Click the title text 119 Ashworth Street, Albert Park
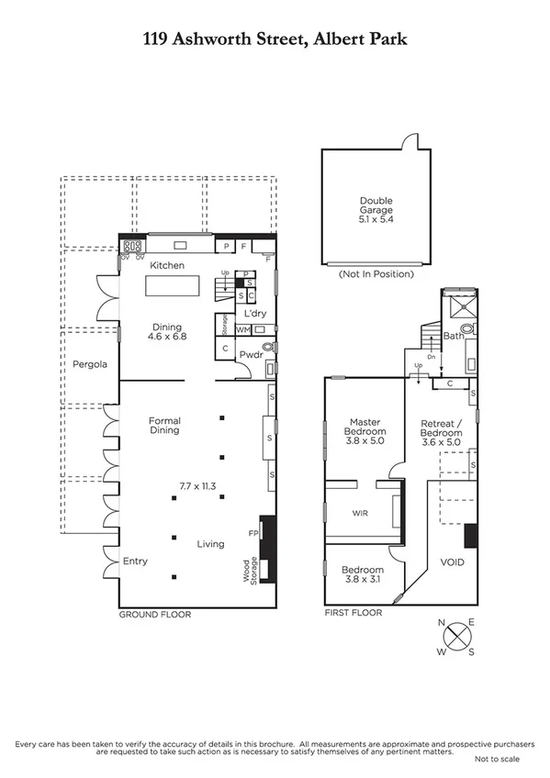coord(275,39)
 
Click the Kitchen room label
coord(168,265)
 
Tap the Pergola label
coord(90,364)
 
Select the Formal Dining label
coord(165,426)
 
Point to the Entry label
coord(135,561)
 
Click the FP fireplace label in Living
coord(253,531)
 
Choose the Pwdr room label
coord(252,353)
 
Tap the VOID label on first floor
coord(453,563)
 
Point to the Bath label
coord(453,336)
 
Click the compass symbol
coord(456,637)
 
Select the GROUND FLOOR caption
coord(155,615)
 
